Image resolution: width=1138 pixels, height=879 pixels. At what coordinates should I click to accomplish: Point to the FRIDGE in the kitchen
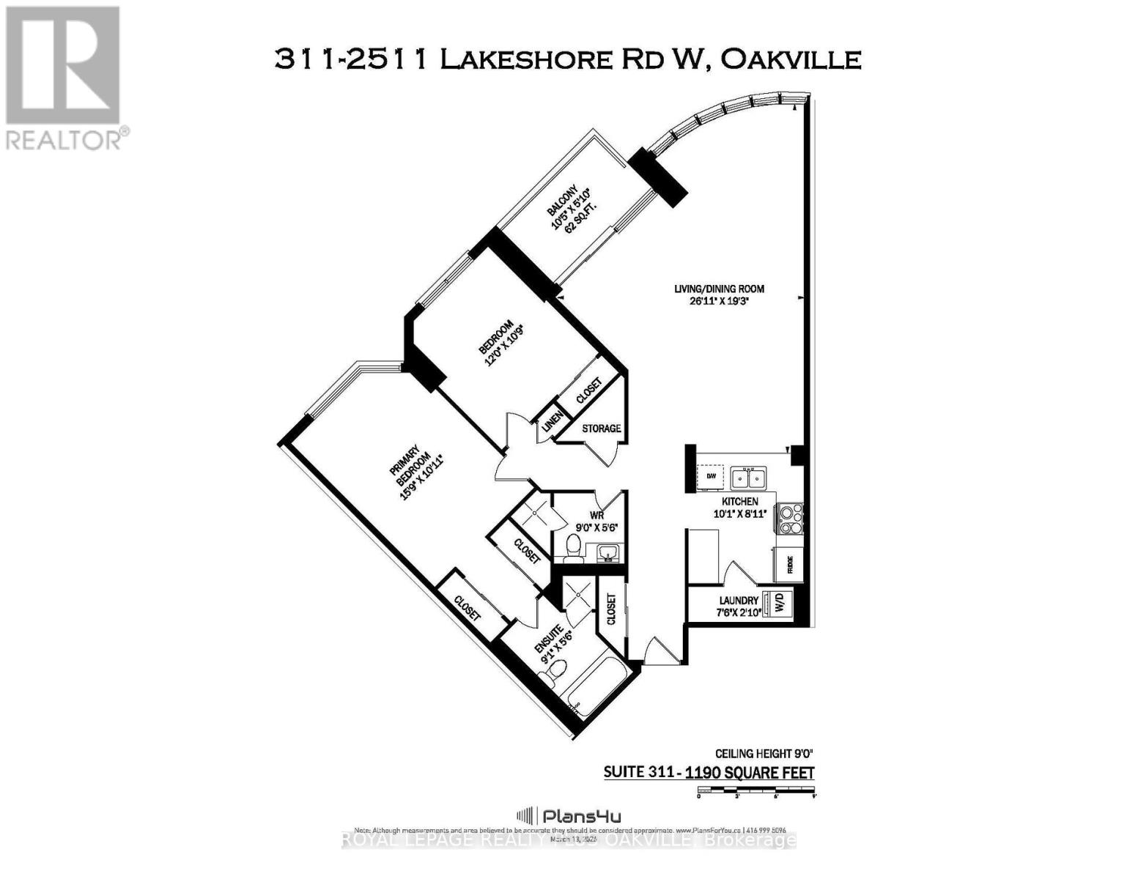(x=788, y=563)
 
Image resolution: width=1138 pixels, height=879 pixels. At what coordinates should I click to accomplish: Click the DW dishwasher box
(x=711, y=477)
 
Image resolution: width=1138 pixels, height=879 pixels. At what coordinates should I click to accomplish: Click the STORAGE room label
(x=601, y=428)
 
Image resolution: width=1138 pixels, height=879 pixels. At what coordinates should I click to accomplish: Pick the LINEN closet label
(x=551, y=423)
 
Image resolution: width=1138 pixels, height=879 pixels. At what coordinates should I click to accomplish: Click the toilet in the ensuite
(x=558, y=669)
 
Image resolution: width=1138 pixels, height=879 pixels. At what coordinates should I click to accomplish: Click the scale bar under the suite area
(x=756, y=790)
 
